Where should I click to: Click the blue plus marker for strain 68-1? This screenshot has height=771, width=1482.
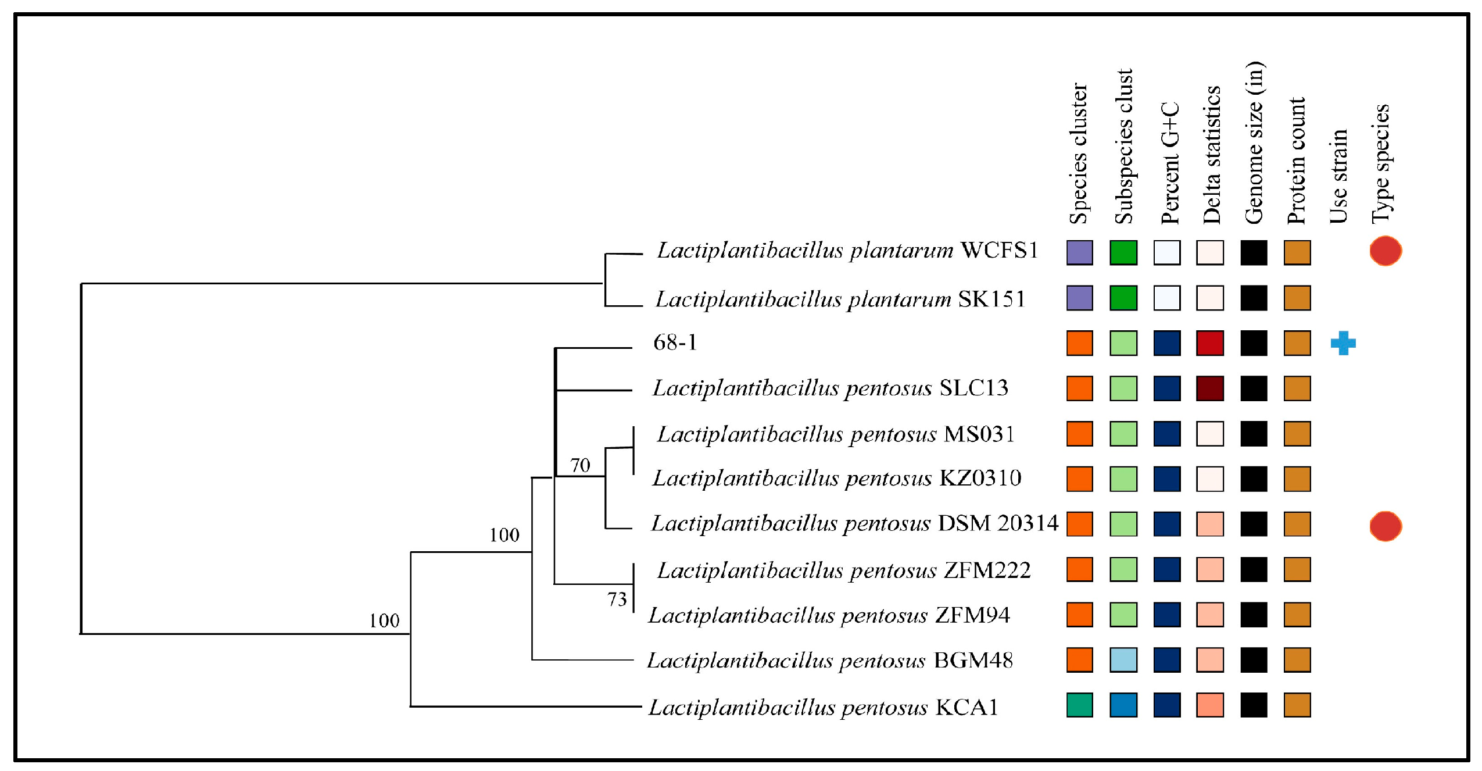click(1343, 343)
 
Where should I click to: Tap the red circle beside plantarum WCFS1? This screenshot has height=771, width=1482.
click(1385, 251)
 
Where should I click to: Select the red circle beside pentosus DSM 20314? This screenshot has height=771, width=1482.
click(1385, 526)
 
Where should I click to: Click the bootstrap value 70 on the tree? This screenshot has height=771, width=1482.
click(580, 465)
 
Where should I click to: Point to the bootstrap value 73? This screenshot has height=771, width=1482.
click(617, 599)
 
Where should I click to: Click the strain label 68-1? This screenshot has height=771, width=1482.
click(675, 342)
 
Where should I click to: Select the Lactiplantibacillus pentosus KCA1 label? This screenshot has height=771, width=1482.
click(823, 707)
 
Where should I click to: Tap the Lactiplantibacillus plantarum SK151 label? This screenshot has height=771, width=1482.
click(840, 299)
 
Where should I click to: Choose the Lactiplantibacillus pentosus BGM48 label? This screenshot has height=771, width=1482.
click(830, 661)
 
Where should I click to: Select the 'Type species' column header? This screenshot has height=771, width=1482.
click(1381, 164)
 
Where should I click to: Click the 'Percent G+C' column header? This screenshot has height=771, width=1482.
click(1169, 163)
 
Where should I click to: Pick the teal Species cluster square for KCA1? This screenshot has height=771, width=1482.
click(1079, 705)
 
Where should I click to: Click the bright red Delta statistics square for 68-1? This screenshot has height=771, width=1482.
click(1210, 343)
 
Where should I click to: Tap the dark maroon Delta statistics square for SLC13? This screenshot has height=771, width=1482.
click(1210, 388)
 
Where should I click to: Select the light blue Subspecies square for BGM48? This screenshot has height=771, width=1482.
click(1123, 660)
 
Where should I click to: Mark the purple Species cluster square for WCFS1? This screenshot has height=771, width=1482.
click(1079, 252)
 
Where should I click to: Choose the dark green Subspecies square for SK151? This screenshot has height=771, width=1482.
click(1123, 298)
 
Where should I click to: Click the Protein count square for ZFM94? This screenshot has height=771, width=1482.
click(1297, 615)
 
